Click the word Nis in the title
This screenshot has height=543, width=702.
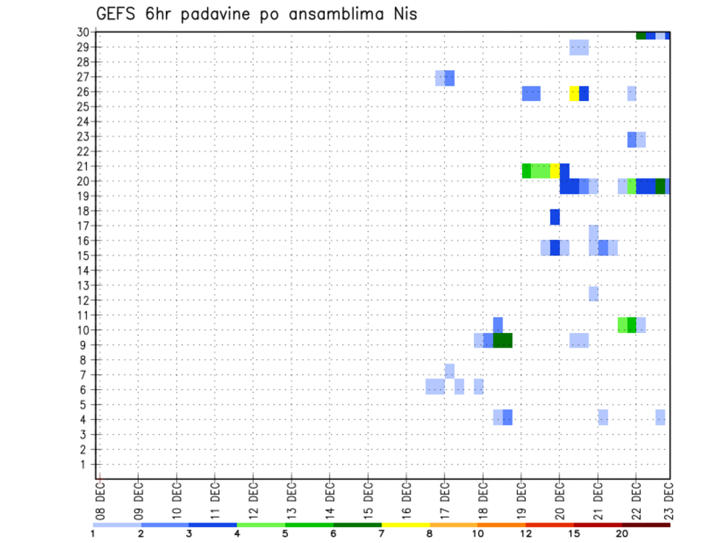403,14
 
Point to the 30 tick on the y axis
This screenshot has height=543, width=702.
83,32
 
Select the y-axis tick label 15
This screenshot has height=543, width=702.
83,255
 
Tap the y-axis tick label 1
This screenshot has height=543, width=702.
85,464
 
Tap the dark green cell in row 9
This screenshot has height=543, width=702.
502,340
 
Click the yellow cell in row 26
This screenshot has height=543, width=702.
574,93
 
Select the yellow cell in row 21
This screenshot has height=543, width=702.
555,171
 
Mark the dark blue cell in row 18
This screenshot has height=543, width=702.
555,217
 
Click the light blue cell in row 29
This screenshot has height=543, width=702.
579,48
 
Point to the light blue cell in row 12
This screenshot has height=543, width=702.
594,293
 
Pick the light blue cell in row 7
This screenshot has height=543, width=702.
449,371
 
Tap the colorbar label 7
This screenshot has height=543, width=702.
381,533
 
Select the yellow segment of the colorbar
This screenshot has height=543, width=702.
405,525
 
